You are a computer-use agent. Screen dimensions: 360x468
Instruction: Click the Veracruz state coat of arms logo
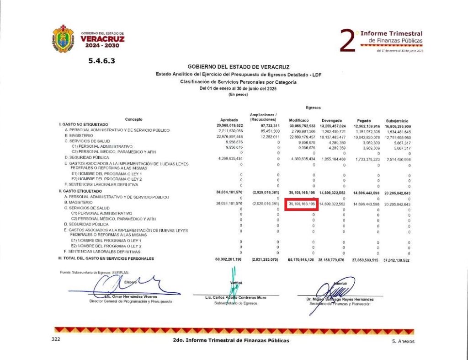pos(63,38)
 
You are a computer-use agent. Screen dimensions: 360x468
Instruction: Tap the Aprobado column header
pos(229,120)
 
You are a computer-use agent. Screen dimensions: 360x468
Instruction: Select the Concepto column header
pos(133,120)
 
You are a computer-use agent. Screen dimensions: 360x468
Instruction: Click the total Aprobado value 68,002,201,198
pos(231,259)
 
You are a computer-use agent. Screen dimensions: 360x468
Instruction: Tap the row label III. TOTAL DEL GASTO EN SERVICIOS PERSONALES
pos(106,259)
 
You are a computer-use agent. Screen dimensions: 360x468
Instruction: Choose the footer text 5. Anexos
pos(403,341)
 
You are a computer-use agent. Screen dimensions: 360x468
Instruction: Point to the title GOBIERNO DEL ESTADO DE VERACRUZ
pos(238,67)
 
